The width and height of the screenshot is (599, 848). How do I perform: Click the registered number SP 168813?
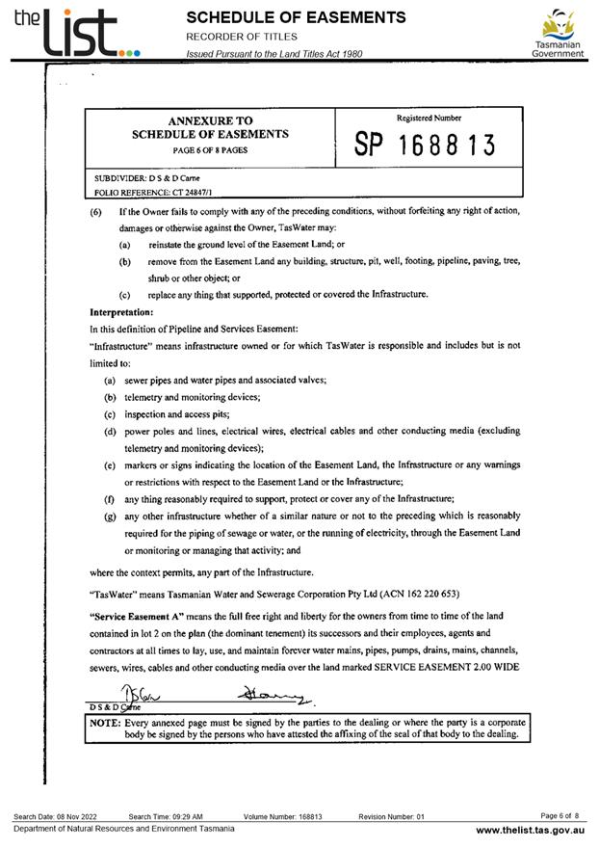tap(425, 146)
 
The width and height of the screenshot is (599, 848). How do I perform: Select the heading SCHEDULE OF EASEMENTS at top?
tap(296, 17)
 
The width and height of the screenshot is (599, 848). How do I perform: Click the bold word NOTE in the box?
tap(104, 721)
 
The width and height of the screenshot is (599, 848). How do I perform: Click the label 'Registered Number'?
tap(429, 118)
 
